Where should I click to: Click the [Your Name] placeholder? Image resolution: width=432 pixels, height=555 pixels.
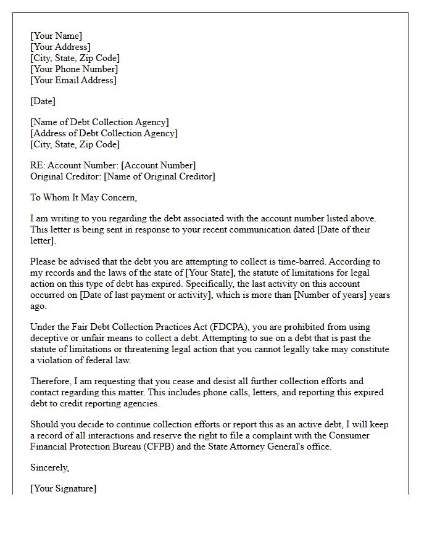point(56,36)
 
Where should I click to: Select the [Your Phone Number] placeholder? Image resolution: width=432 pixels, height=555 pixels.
point(73,69)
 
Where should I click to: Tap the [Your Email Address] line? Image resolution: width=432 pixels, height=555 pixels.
point(73,80)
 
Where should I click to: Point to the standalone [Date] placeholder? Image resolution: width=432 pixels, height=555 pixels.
point(43,101)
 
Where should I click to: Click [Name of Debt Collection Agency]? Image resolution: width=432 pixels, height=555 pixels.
point(99,122)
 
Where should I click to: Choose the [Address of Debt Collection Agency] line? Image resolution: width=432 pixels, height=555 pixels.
point(104,133)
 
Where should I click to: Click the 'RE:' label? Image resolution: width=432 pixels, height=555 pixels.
point(38,165)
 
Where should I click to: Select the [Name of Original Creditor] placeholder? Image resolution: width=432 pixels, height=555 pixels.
point(159,176)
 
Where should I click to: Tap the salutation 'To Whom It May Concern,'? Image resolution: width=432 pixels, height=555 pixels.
point(83,197)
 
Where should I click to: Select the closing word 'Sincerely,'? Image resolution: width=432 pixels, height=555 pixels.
point(50,467)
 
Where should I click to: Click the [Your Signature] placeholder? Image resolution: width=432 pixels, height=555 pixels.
point(63,488)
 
